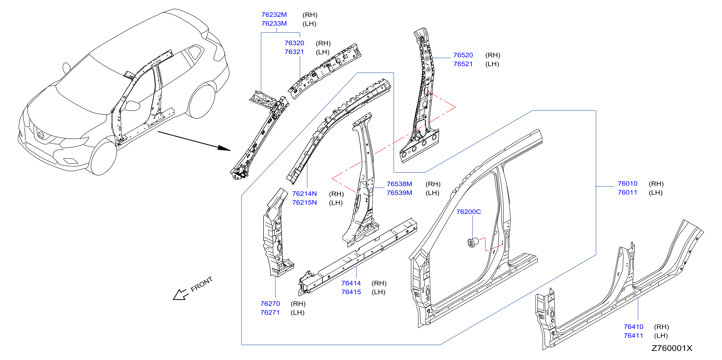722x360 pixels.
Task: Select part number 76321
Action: [x=294, y=52]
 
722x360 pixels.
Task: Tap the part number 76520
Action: [x=463, y=55]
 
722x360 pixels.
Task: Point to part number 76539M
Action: [x=399, y=193]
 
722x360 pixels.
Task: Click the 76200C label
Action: [x=468, y=212]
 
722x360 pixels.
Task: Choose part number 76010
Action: [x=627, y=184]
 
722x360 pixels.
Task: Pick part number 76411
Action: [x=633, y=335]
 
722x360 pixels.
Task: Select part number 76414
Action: [x=351, y=283]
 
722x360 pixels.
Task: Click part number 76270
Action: [x=270, y=304]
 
